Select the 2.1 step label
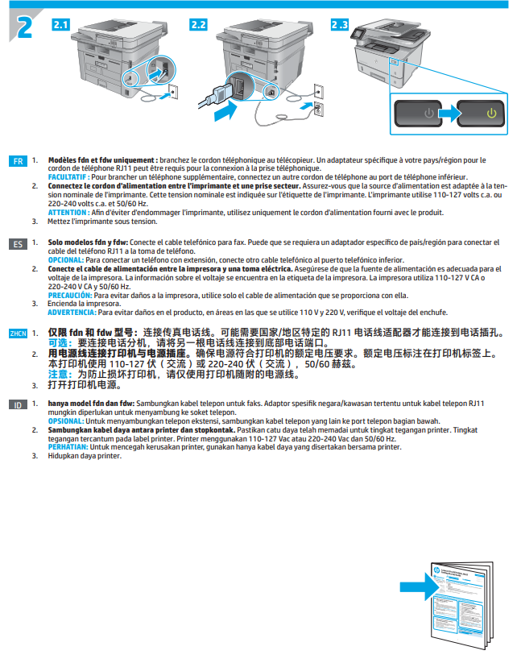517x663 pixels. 60,24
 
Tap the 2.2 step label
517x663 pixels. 198,24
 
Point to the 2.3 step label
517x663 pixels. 339,24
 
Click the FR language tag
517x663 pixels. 19,161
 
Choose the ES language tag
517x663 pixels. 19,242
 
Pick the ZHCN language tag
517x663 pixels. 18,333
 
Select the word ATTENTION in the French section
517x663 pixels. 69,212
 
